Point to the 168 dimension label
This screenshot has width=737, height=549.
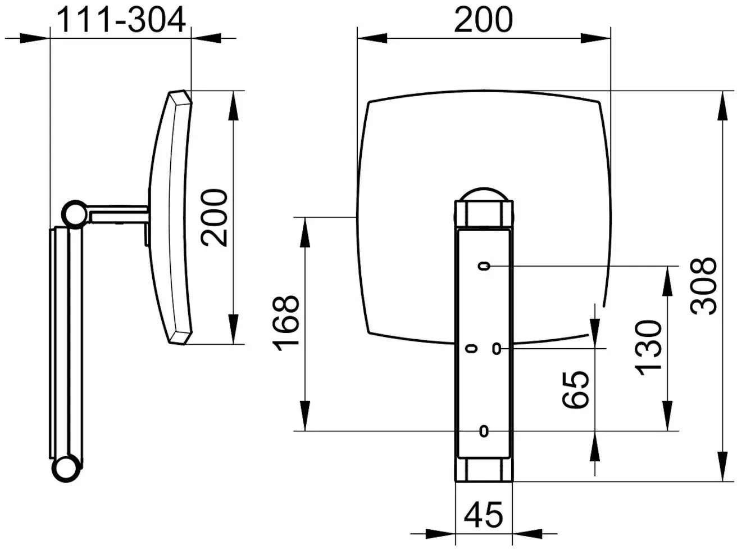(x=285, y=323)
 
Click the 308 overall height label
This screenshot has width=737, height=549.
(x=703, y=286)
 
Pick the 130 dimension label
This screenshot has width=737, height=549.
(x=648, y=348)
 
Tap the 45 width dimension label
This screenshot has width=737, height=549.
(x=484, y=514)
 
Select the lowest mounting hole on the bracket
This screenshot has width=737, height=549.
(x=484, y=431)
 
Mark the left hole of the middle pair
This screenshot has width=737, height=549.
(x=471, y=349)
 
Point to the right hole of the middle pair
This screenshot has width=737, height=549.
(x=497, y=349)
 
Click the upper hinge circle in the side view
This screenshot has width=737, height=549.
(x=75, y=215)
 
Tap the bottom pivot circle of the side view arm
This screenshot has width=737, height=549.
(x=66, y=469)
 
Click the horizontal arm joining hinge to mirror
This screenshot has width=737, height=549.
(x=118, y=214)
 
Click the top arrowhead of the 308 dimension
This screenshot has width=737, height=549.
(x=723, y=106)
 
